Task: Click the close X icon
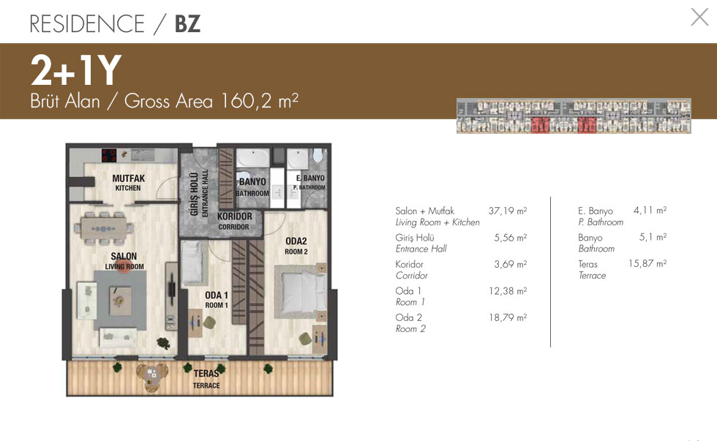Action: pyautogui.click(x=699, y=17)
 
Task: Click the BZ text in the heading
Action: pyautogui.click(x=187, y=23)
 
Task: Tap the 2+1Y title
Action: pyautogui.click(x=76, y=70)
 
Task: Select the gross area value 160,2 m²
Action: pyautogui.click(x=259, y=100)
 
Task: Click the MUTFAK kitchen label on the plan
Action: pyautogui.click(x=129, y=182)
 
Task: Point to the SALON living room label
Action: pyautogui.click(x=124, y=260)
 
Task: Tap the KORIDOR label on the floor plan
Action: pyautogui.click(x=234, y=221)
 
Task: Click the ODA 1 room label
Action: pyautogui.click(x=217, y=300)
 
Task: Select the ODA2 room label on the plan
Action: pyautogui.click(x=296, y=246)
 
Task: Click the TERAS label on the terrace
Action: pyautogui.click(x=206, y=379)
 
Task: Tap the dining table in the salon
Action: pyautogui.click(x=103, y=227)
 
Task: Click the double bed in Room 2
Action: pyautogui.click(x=301, y=292)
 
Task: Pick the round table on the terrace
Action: pyautogui.click(x=152, y=376)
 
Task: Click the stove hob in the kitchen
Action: pyautogui.click(x=109, y=156)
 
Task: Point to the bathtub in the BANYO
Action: pyautogui.click(x=253, y=158)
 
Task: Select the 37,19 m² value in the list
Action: pyautogui.click(x=508, y=211)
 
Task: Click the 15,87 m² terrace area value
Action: pyautogui.click(x=647, y=264)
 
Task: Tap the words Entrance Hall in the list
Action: pyautogui.click(x=421, y=249)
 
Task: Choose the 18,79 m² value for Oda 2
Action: pyautogui.click(x=508, y=317)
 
